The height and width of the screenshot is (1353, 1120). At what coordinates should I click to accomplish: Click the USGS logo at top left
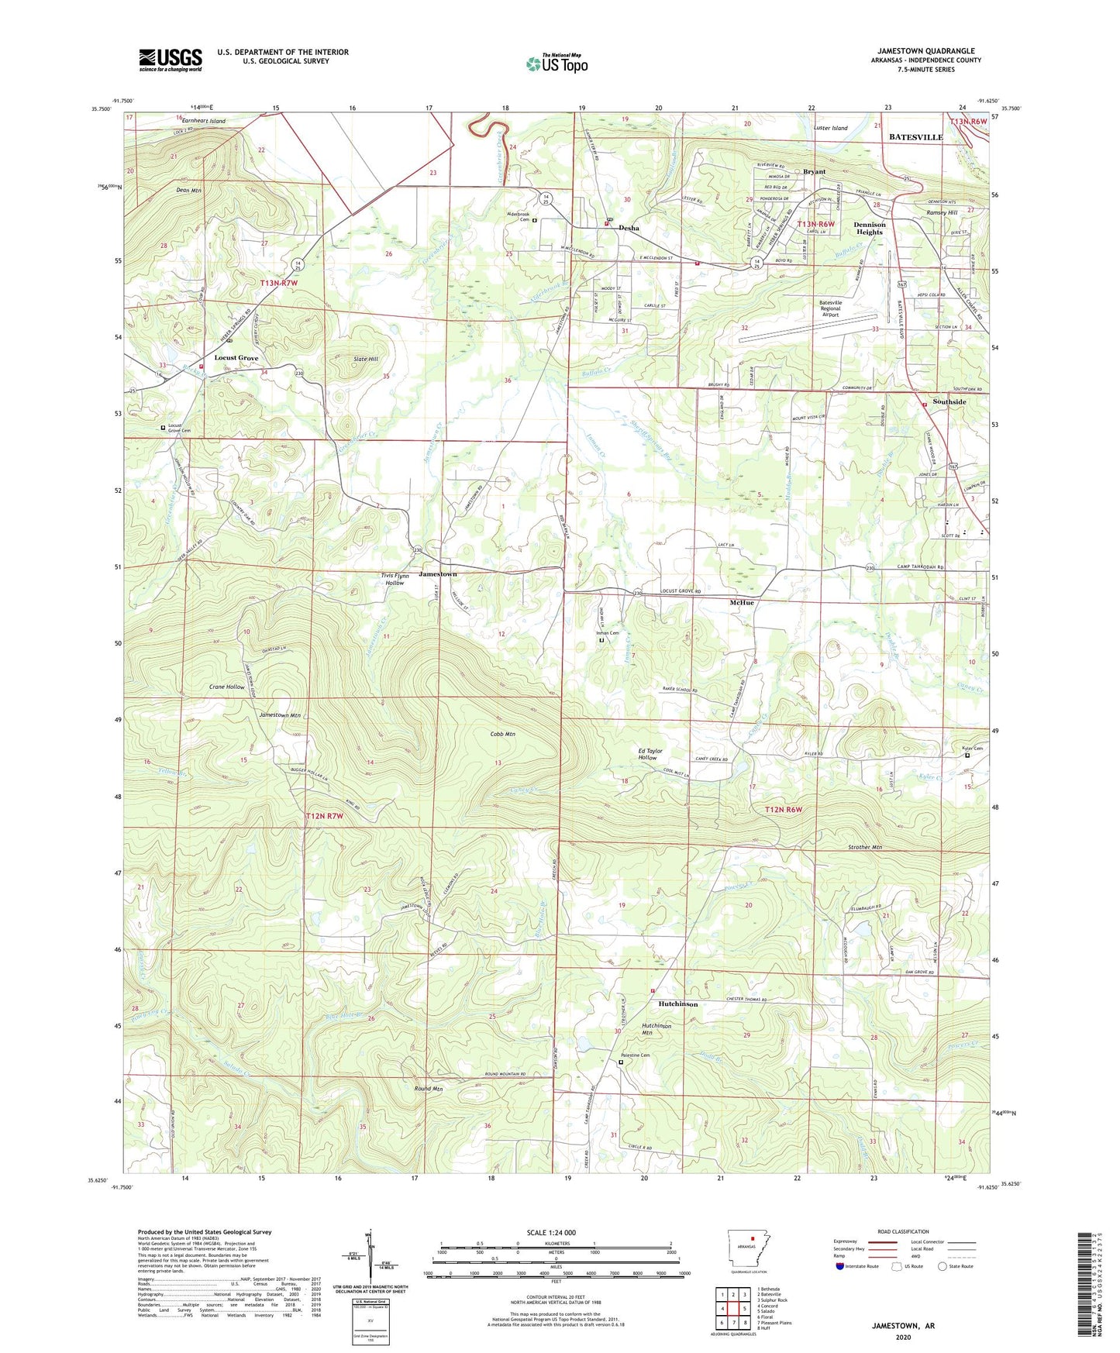[171, 60]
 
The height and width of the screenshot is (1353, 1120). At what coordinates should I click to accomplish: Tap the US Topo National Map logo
[557, 63]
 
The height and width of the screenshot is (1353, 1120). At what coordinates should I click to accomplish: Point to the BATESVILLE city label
[915, 137]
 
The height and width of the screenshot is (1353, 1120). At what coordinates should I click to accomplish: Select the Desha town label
[629, 228]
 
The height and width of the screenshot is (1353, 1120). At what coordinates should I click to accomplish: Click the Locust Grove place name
[236, 358]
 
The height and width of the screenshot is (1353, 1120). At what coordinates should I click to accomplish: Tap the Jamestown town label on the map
[438, 574]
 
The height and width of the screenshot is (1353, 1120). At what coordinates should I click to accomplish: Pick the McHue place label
[741, 602]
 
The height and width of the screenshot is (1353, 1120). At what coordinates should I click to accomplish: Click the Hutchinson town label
[677, 1004]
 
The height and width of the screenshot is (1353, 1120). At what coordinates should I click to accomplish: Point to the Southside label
[949, 402]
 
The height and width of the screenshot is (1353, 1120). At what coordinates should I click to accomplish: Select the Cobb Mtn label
[502, 734]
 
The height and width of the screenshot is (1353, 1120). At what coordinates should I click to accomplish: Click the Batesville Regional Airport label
[830, 308]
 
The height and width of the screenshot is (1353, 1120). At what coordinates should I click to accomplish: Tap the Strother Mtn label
[861, 847]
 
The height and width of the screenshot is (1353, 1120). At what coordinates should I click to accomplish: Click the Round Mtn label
[428, 1089]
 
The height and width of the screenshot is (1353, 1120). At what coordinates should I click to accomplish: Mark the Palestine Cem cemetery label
[635, 1055]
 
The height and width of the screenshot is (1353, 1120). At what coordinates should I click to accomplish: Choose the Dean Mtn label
[188, 190]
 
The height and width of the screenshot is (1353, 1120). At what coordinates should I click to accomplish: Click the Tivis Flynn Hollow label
[395, 579]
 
